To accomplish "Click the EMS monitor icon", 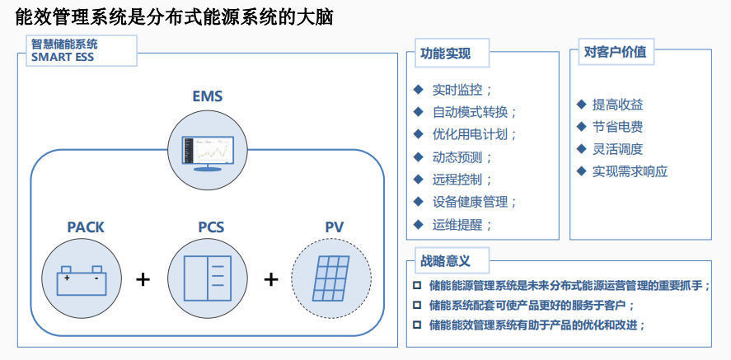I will (207, 150).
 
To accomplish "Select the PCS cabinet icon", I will (207, 278).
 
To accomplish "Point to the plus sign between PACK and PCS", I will (143, 279).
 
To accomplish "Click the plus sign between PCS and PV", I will (270, 279).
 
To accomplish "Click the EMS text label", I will (207, 97).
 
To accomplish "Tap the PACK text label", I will (86, 227).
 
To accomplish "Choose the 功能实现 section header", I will (445, 54).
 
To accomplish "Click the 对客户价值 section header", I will (615, 52).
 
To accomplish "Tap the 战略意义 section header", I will (445, 261).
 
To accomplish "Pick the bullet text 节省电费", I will (617, 127).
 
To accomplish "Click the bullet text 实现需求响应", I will (630, 171).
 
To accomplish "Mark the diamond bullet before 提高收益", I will (581, 105).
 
